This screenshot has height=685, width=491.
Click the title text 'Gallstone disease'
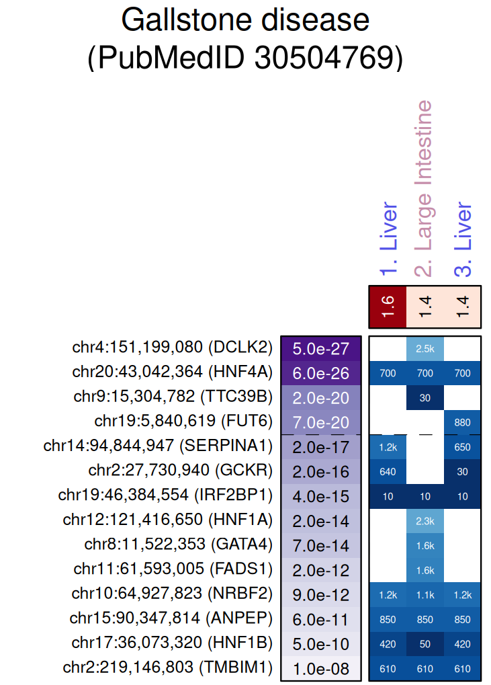[x=245, y=21]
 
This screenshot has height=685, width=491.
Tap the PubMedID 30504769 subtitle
[x=245, y=58]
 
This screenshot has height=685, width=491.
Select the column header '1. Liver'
[x=388, y=240]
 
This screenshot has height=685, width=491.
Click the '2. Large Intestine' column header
[x=425, y=189]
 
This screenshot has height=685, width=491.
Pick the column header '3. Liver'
[x=462, y=240]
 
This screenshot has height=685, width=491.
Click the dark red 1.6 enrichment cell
[x=388, y=307]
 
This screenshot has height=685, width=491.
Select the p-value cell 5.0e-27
[x=321, y=348]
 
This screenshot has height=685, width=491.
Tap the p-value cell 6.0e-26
[x=321, y=373]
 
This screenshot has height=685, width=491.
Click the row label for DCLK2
[x=172, y=348]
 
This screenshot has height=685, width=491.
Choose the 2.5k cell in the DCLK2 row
[x=425, y=348]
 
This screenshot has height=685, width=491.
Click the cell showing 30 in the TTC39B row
[x=425, y=397]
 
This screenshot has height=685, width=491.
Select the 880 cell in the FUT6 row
[x=462, y=422]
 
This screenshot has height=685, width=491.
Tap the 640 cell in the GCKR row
[x=388, y=471]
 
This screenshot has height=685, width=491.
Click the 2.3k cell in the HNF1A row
[x=425, y=521]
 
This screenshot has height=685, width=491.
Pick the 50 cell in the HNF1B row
[x=425, y=644]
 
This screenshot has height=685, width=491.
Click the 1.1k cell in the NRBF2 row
[x=425, y=595]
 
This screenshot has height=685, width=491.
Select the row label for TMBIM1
[x=168, y=669]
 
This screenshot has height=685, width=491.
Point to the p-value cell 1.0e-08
[x=321, y=669]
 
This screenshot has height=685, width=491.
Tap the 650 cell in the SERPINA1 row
[x=462, y=447]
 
